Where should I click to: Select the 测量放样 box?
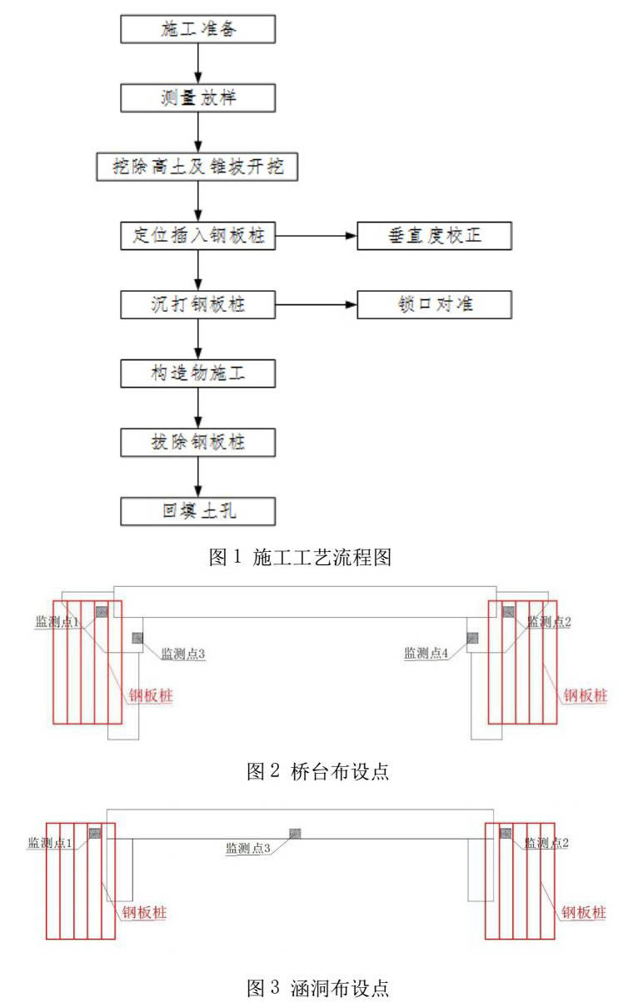click(x=197, y=97)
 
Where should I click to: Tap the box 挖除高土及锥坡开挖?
click(x=197, y=166)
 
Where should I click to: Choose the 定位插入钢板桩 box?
click(x=197, y=236)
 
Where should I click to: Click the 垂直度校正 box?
click(x=434, y=236)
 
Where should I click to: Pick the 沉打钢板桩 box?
click(x=197, y=304)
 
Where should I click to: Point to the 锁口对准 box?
click(x=434, y=304)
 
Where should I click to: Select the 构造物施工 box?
click(x=197, y=373)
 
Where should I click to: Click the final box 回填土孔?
click(x=197, y=509)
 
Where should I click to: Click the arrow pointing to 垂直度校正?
click(x=316, y=236)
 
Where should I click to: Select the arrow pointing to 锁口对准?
click(x=316, y=304)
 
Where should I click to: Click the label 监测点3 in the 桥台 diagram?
click(x=183, y=654)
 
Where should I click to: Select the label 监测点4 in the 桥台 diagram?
click(x=426, y=654)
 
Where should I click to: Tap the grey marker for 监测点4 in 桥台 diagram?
click(x=472, y=638)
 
